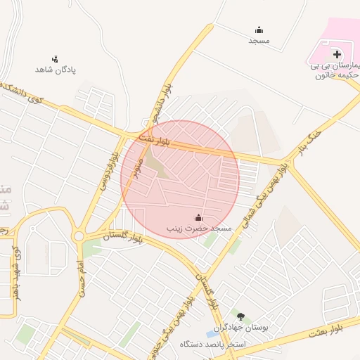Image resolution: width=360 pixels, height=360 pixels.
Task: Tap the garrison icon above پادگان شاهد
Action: (56, 59)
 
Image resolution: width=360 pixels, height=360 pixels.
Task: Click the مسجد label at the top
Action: (259, 41)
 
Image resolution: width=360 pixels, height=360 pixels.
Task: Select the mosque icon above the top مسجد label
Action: (259, 30)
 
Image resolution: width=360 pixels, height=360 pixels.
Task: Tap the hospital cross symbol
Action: (337, 53)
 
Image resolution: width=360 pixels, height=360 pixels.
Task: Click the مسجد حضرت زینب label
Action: (199, 229)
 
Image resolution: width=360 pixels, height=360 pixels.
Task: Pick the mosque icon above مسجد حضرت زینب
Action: (198, 217)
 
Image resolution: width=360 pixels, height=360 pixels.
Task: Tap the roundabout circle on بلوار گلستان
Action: (79, 236)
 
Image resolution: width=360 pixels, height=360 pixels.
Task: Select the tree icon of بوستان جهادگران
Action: (240, 317)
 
